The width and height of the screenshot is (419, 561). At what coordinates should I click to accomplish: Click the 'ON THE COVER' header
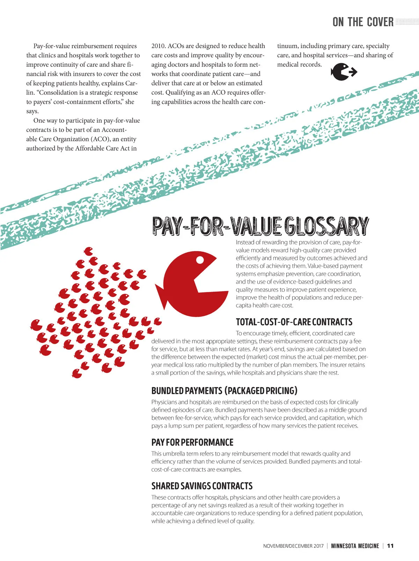click(363, 22)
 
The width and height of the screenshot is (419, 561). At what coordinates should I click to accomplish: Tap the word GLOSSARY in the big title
click(326, 226)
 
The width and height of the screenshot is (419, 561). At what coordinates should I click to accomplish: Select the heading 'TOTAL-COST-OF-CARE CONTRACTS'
click(294, 322)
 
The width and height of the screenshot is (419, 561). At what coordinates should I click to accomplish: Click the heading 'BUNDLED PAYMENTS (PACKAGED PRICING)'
click(224, 391)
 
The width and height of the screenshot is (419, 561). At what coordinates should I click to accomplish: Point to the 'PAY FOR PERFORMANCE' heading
click(192, 442)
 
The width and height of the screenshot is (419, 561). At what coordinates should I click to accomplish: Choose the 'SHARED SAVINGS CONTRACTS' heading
click(202, 486)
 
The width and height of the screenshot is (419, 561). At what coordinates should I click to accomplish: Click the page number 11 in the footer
click(390, 546)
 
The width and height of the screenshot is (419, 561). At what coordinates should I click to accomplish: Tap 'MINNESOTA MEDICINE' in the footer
click(355, 546)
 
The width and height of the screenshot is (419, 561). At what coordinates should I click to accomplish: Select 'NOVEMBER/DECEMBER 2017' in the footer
click(293, 546)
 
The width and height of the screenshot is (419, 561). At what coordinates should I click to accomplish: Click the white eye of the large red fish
click(200, 260)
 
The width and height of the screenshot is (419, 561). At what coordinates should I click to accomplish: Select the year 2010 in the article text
click(158, 46)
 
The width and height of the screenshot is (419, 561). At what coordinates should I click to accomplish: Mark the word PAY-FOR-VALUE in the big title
click(216, 226)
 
